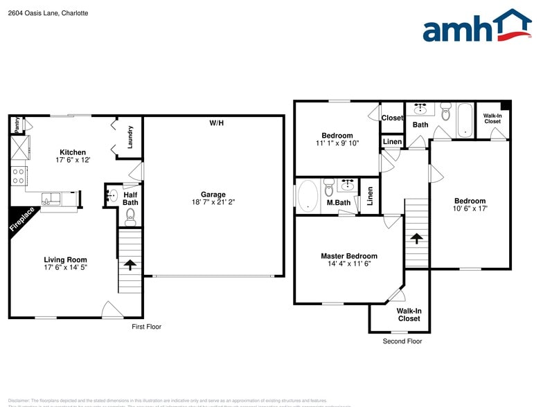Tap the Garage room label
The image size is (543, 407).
(213, 195)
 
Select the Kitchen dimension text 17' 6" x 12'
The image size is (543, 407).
(73, 160)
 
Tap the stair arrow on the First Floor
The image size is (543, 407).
(130, 264)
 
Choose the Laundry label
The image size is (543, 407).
(130, 137)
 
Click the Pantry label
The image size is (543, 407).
(17, 125)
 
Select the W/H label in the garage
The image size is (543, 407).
(217, 123)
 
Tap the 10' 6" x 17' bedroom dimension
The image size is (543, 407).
(470, 208)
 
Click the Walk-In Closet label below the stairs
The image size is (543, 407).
(409, 315)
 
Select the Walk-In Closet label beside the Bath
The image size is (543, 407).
(492, 118)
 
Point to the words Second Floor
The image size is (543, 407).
(402, 341)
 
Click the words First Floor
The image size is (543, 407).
(146, 327)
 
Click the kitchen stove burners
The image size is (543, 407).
(17, 174)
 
